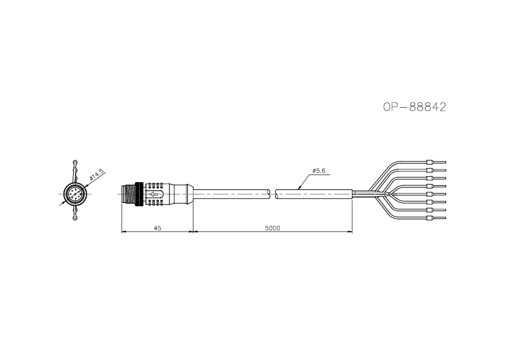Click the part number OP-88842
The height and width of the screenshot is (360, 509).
[x=415, y=107]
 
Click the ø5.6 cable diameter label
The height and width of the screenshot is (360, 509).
[x=319, y=170]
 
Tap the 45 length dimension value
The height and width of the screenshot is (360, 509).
[x=157, y=228]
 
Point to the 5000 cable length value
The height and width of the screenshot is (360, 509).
[x=273, y=228]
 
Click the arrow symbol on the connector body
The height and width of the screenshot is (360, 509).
[x=155, y=194]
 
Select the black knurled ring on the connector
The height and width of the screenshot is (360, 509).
[x=140, y=194]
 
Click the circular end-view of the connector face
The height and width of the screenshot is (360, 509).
[x=75, y=194]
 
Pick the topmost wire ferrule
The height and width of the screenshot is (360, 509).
[x=430, y=162]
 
